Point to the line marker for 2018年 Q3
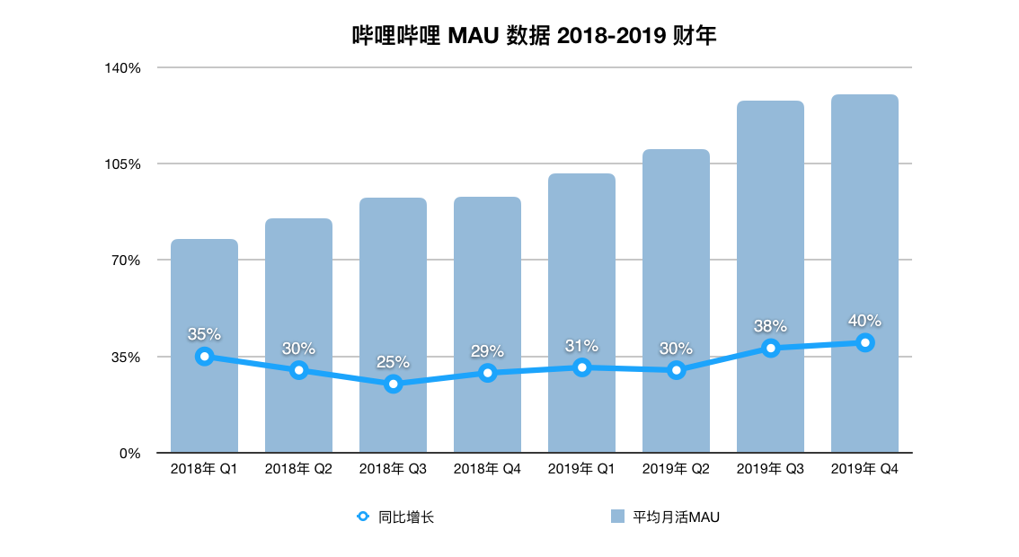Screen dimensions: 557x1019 click(393, 384)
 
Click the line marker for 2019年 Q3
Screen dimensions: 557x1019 click(770, 348)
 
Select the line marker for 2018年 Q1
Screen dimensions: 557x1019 click(204, 357)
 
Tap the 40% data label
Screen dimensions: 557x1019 click(864, 321)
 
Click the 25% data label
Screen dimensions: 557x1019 click(393, 362)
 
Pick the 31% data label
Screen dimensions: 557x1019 click(581, 346)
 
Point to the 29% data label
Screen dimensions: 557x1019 click(487, 351)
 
